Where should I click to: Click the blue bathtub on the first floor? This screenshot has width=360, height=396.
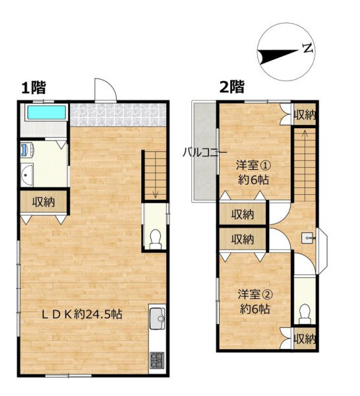[46, 112]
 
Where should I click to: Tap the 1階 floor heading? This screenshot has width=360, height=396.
[34, 88]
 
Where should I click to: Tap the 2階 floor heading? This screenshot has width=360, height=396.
[232, 87]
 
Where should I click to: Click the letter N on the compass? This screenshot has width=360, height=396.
[308, 48]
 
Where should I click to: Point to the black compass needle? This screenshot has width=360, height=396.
[278, 57]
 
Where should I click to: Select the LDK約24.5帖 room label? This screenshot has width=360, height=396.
[82, 314]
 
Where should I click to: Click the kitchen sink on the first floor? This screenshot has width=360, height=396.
[157, 319]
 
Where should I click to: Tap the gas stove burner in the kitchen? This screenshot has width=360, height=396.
[158, 360]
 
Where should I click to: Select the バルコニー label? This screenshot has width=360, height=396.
[204, 152]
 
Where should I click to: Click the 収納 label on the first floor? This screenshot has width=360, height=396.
[44, 202]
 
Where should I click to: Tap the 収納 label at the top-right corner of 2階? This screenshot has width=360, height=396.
[305, 115]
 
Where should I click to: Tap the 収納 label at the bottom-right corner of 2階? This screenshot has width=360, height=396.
[305, 339]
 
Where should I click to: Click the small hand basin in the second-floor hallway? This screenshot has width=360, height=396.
[308, 238]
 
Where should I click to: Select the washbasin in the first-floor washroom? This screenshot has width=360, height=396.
[27, 175]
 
